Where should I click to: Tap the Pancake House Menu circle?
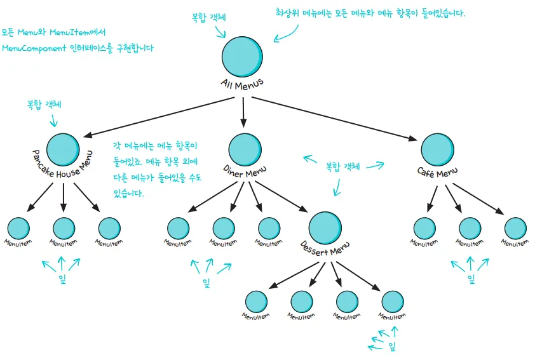tap(64, 149)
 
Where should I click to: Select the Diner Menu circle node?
tap(244, 149)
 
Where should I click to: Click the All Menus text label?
tap(242, 84)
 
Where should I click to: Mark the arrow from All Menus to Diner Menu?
tap(243, 112)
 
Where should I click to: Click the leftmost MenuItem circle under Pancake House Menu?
tap(18, 228)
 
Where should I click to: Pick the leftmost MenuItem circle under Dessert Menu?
tap(256, 301)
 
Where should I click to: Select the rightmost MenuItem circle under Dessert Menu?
tap(392, 301)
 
